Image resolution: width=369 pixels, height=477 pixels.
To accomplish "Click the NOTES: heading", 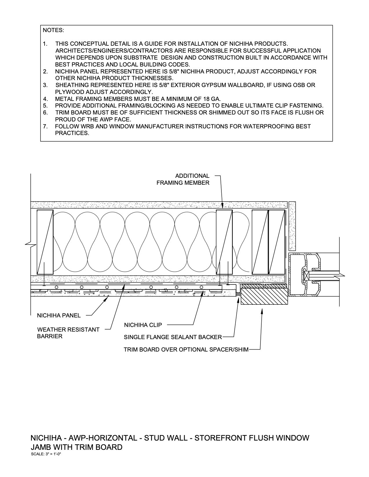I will (53, 30).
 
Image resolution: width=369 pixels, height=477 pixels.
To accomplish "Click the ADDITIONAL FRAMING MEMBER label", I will (183, 179).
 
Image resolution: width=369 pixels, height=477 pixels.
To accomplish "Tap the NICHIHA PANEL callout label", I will (59, 315).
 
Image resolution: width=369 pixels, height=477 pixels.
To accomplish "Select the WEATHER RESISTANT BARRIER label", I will (68, 333).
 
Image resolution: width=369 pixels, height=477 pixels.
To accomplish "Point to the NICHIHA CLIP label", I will (143, 325).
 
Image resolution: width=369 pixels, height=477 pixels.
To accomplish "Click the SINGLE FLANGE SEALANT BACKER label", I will (173, 337).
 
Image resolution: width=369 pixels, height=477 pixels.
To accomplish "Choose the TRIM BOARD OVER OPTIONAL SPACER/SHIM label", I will (186, 350).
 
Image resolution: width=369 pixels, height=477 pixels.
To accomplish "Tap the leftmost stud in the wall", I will (45, 242).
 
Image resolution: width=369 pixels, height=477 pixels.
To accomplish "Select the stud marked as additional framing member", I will (224, 242).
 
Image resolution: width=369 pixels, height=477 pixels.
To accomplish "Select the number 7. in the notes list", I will (45, 126).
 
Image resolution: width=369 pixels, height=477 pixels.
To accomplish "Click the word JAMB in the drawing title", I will (41, 447).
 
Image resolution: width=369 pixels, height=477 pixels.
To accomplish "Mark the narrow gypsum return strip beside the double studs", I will (292, 225).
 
